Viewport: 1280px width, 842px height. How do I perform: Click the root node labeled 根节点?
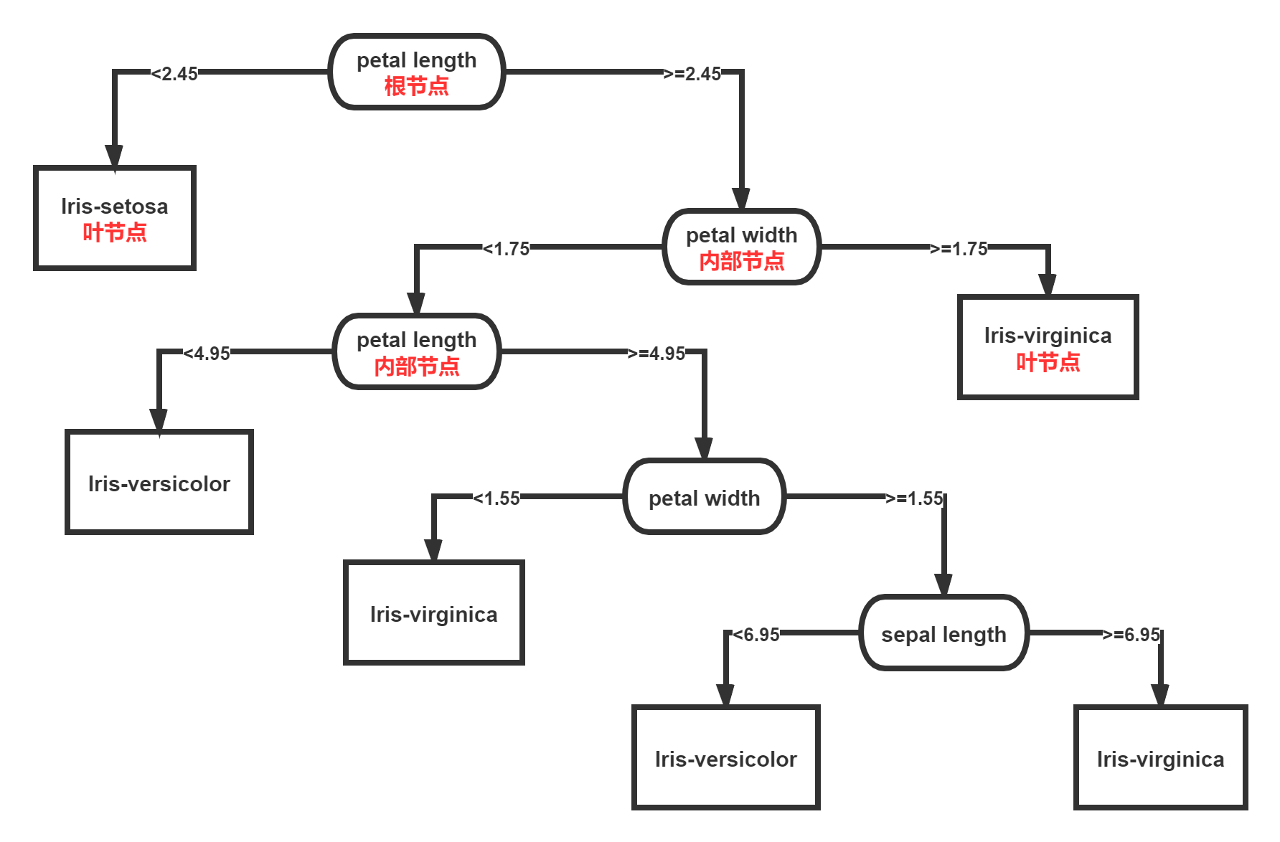click(x=416, y=72)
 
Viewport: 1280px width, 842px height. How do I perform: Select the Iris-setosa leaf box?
click(x=115, y=218)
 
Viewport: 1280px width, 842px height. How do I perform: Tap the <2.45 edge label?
click(x=174, y=73)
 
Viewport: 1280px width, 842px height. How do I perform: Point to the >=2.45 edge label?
click(x=692, y=73)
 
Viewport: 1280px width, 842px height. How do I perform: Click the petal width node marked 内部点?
click(x=741, y=247)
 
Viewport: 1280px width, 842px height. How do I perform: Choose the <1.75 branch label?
click(x=506, y=248)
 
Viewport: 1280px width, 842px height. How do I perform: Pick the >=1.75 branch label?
click(x=959, y=248)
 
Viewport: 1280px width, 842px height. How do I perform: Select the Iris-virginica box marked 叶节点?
click(x=1048, y=347)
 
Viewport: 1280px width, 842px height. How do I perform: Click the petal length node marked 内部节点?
click(x=416, y=351)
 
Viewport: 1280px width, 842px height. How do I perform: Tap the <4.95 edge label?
click(x=207, y=353)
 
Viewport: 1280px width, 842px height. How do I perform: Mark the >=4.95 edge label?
click(x=657, y=353)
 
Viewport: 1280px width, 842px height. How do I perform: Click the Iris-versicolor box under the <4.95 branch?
click(x=159, y=482)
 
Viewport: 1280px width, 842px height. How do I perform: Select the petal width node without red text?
click(x=704, y=496)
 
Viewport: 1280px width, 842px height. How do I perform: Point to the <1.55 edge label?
click(x=497, y=498)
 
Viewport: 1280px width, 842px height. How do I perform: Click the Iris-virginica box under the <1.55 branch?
click(x=434, y=612)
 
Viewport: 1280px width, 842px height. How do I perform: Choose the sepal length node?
click(x=943, y=633)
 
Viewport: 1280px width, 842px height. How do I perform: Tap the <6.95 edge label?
click(x=756, y=634)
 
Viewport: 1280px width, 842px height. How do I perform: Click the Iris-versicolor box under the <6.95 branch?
click(x=725, y=757)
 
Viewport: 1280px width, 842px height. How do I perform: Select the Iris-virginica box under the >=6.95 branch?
click(x=1160, y=757)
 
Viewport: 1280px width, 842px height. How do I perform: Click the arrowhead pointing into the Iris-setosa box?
click(x=114, y=156)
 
